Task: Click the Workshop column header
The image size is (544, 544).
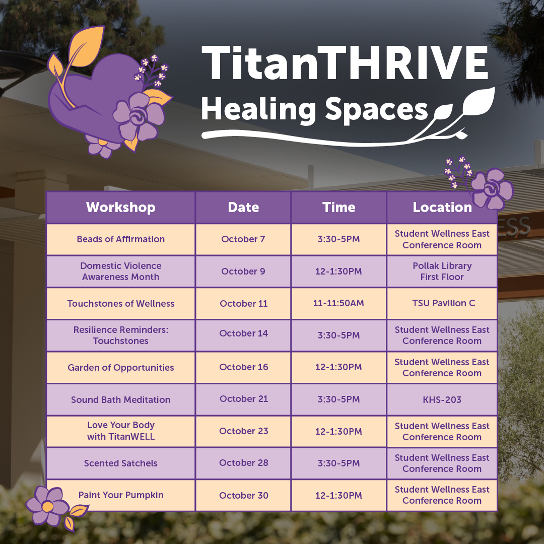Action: tap(120, 207)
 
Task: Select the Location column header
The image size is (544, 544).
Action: tap(442, 207)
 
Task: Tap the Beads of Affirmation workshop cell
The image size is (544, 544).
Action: tap(120, 239)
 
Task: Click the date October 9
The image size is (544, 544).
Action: tap(243, 271)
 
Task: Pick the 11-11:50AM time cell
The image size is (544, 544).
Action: tap(338, 303)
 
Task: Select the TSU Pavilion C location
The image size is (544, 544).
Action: tap(442, 303)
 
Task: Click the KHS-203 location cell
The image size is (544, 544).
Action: tap(442, 400)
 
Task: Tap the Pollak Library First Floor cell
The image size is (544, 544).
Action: tap(442, 271)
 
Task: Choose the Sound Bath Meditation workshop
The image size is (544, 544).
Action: tap(120, 400)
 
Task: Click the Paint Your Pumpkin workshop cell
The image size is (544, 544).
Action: tap(120, 495)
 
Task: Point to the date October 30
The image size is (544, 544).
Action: tap(243, 496)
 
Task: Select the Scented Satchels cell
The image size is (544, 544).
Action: tap(120, 463)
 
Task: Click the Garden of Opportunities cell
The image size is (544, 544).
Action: tap(120, 368)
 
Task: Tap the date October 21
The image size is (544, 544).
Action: tap(243, 399)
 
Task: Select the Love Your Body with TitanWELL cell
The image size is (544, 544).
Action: tap(120, 431)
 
